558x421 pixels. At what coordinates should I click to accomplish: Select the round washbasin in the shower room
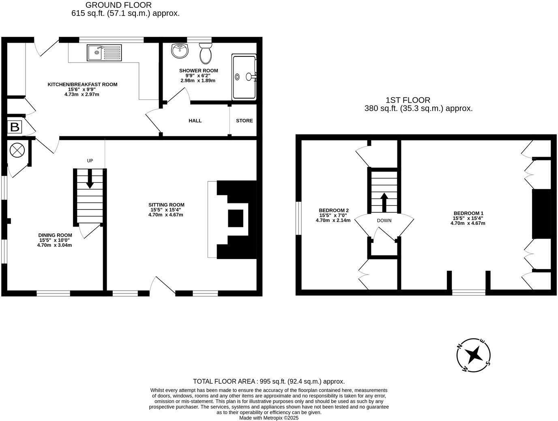(x=179, y=51)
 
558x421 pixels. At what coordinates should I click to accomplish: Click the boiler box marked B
(x=15, y=127)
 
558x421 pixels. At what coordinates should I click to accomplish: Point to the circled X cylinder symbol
(x=17, y=150)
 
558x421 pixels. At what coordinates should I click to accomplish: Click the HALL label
(x=195, y=121)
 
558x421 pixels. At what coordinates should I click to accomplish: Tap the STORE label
(x=244, y=121)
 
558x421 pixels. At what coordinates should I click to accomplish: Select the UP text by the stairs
(x=90, y=161)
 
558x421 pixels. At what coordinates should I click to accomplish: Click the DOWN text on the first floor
(x=384, y=221)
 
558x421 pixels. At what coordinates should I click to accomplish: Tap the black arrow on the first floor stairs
(x=384, y=201)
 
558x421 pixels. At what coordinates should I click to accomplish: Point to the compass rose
(x=473, y=355)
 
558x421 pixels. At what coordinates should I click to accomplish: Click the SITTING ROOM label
(x=166, y=205)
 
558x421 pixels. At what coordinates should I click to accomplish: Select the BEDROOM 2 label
(x=334, y=210)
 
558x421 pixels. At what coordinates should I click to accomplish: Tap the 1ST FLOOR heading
(x=408, y=100)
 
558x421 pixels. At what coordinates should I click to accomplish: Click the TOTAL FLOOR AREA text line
(x=268, y=381)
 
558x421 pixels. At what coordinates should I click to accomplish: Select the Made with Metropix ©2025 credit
(x=268, y=418)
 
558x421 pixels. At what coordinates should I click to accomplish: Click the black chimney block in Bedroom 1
(x=541, y=214)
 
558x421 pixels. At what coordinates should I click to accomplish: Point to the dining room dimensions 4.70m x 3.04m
(x=54, y=245)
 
